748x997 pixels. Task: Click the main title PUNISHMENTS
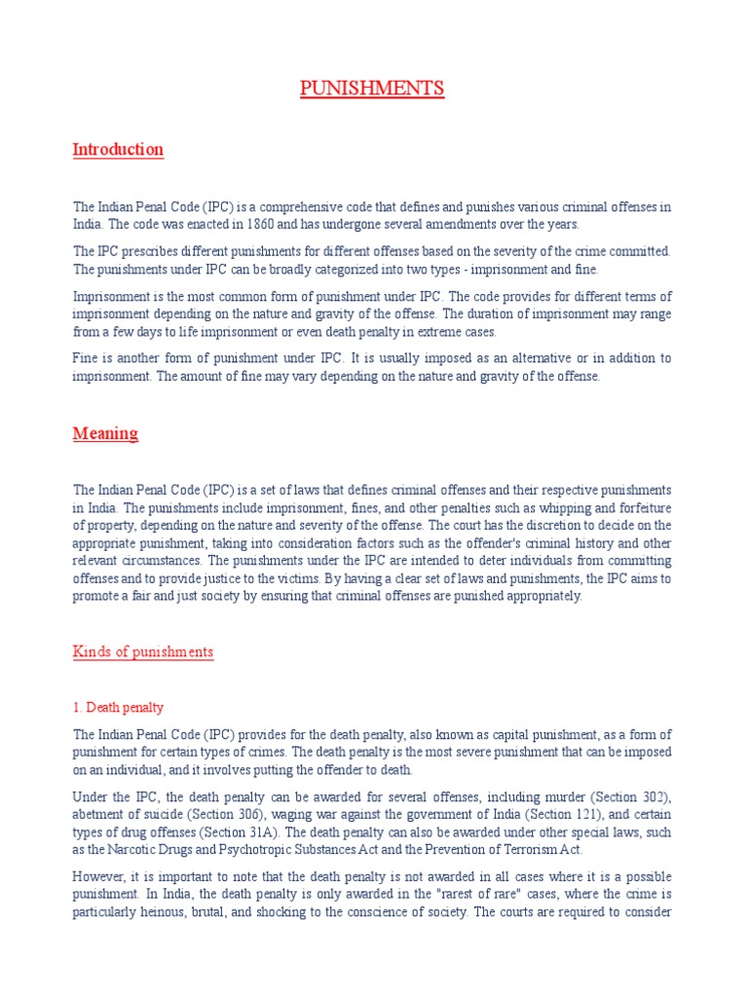(x=371, y=89)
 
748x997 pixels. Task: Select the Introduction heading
(x=118, y=149)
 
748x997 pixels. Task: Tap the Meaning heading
(x=105, y=433)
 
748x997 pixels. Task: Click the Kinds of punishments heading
(x=143, y=651)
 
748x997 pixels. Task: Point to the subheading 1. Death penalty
(x=125, y=707)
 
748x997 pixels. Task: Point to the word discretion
(x=552, y=524)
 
